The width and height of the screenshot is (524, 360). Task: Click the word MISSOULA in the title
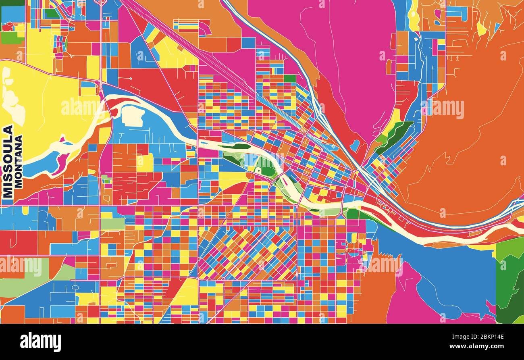tap(8, 161)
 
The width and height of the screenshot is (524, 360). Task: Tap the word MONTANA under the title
tap(18, 161)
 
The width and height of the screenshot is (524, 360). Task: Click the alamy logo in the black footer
tap(40, 342)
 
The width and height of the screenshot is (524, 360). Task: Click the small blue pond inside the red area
tap(355, 145)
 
